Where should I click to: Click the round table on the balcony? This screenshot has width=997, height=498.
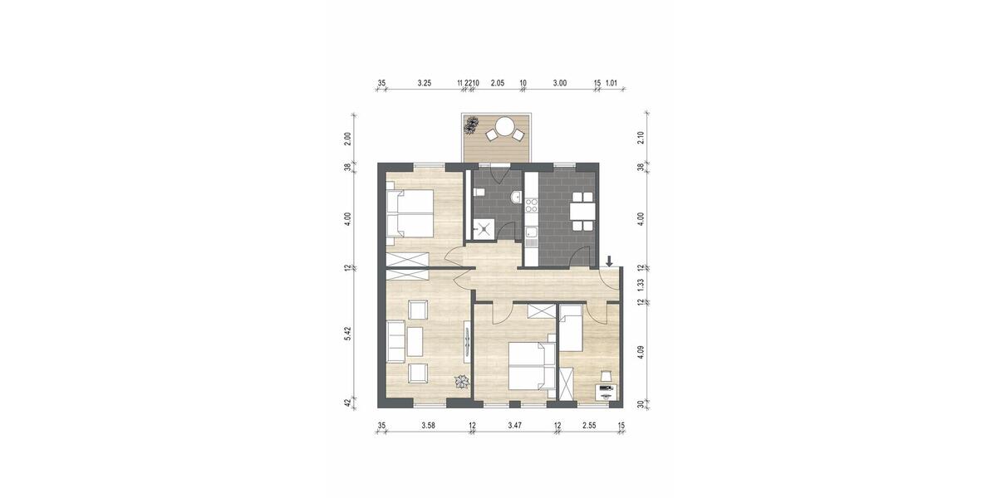pyautogui.click(x=504, y=127)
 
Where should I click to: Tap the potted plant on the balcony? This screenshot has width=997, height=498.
pyautogui.click(x=472, y=124)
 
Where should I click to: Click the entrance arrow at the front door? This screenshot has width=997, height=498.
pyautogui.click(x=610, y=261)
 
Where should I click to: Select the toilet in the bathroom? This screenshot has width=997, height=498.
pyautogui.click(x=478, y=193)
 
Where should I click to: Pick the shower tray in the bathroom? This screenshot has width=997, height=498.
pyautogui.click(x=480, y=227)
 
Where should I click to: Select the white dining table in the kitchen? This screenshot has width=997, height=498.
pyautogui.click(x=582, y=211)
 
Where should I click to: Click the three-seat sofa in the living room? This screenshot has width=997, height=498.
pyautogui.click(x=395, y=340)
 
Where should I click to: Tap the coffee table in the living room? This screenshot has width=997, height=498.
pyautogui.click(x=415, y=340)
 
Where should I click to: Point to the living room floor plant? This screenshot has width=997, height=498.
pyautogui.click(x=460, y=382)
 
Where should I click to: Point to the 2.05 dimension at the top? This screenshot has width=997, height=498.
pyautogui.click(x=497, y=83)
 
